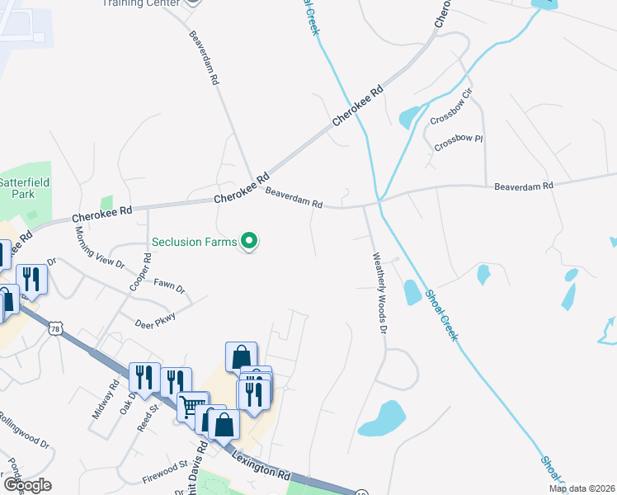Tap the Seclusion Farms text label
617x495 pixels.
pos(194,242)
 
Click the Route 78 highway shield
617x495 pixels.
pos(55,328)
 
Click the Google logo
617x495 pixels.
pos(27,484)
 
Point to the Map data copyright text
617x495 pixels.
pos(582,488)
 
